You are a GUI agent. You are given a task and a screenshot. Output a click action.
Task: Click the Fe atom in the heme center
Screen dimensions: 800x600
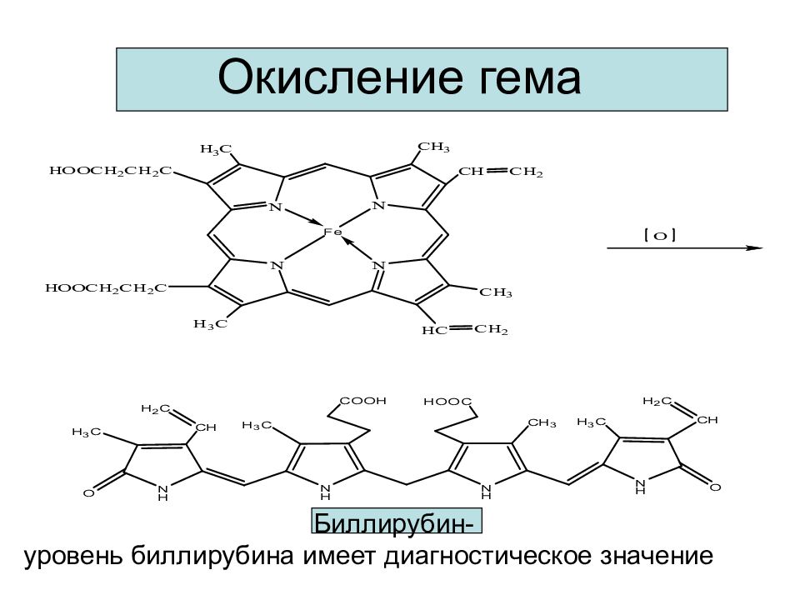pos(332,232)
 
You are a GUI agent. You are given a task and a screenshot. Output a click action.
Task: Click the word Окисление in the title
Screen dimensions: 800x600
pos(342,77)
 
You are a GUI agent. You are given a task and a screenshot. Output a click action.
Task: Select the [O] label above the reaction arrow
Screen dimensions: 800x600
pos(660,236)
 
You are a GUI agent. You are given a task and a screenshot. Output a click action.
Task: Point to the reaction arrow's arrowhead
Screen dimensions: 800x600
pos(754,248)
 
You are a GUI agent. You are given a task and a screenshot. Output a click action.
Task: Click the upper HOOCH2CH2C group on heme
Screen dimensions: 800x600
pos(111,170)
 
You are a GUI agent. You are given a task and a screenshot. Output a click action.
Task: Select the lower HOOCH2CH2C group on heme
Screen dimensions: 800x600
pos(106,288)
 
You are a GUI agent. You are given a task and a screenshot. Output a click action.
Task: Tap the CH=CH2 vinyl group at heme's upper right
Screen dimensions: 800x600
pos(501,172)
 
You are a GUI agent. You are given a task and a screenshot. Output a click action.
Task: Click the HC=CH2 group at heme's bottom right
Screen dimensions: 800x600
pos(465,330)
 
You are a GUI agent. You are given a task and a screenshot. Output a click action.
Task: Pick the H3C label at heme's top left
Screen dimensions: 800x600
pos(216,149)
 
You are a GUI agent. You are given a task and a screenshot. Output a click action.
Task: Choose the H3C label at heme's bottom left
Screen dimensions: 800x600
pos(210,324)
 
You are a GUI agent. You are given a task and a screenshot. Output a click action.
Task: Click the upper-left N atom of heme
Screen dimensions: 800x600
pos(276,207)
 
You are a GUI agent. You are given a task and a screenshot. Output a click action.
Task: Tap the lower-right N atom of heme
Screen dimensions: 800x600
pos(379,265)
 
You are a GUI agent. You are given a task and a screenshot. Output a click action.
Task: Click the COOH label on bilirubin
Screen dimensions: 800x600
pos(362,401)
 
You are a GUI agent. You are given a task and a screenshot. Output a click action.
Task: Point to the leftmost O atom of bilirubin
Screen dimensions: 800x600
pos(89,492)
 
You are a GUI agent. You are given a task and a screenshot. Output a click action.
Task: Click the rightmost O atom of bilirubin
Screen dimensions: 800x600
pos(715,487)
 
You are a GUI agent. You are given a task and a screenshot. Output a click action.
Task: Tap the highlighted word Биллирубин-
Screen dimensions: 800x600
pos(397,522)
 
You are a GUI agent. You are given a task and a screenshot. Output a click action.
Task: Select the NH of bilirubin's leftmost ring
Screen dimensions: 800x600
pos(162,491)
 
